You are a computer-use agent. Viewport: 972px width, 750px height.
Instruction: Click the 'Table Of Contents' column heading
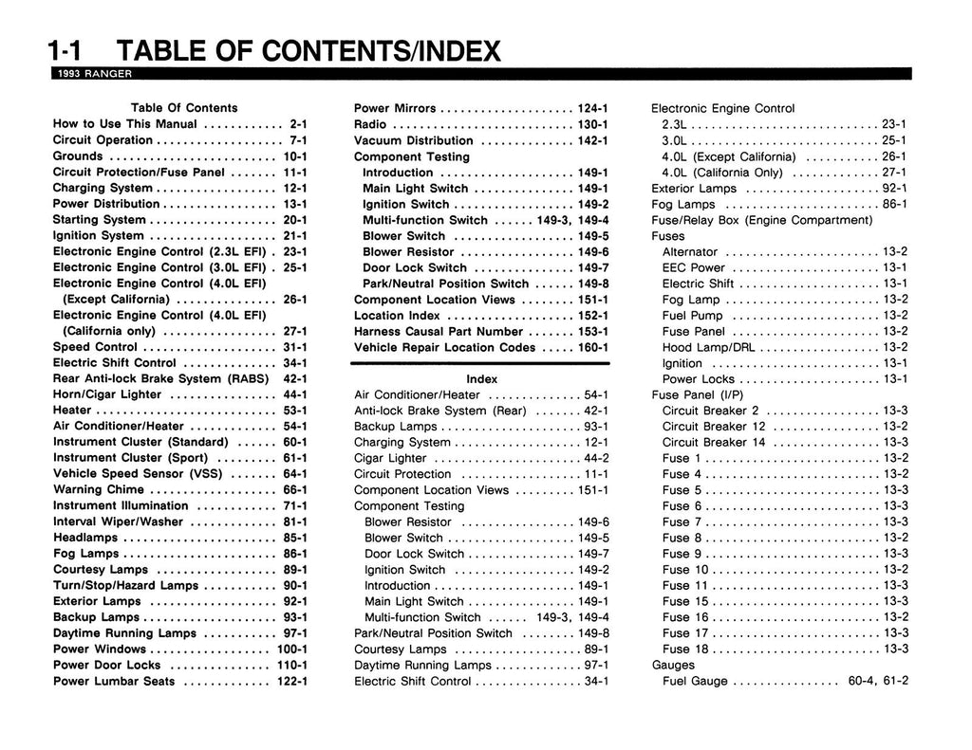click(184, 108)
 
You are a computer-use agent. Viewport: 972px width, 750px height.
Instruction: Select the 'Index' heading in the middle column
click(482, 379)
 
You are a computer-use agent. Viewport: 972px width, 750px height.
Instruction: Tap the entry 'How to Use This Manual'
click(125, 124)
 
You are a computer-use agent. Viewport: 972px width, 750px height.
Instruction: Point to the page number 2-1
click(298, 124)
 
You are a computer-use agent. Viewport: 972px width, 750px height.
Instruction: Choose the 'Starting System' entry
click(99, 220)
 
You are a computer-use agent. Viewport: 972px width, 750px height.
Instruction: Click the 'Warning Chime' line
click(99, 490)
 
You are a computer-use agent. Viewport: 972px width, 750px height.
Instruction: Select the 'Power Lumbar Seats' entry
click(114, 681)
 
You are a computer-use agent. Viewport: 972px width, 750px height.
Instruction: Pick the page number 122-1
click(292, 681)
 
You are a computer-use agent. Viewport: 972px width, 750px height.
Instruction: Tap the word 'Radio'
click(370, 124)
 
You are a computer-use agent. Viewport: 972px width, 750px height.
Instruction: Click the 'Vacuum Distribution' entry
click(414, 140)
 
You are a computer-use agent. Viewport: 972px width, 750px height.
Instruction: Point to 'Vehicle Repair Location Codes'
click(445, 348)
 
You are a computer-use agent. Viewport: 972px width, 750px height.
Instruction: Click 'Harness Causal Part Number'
click(439, 332)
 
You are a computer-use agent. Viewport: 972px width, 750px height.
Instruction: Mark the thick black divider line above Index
click(482, 363)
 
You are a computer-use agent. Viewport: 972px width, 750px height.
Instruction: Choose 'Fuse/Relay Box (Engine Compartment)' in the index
click(762, 220)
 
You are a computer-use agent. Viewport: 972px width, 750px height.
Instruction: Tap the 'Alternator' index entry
click(690, 252)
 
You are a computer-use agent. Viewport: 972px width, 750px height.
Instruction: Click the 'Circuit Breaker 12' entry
click(714, 427)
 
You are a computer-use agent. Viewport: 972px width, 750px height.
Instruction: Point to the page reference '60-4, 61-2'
click(877, 681)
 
